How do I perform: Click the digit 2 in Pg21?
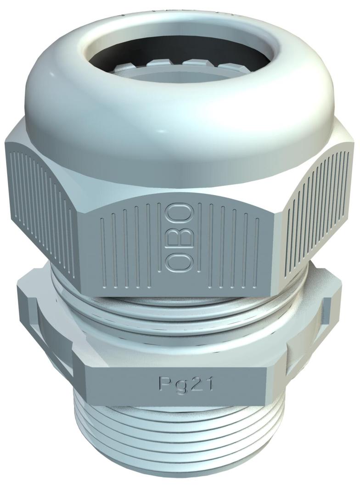click(x=195, y=383)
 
